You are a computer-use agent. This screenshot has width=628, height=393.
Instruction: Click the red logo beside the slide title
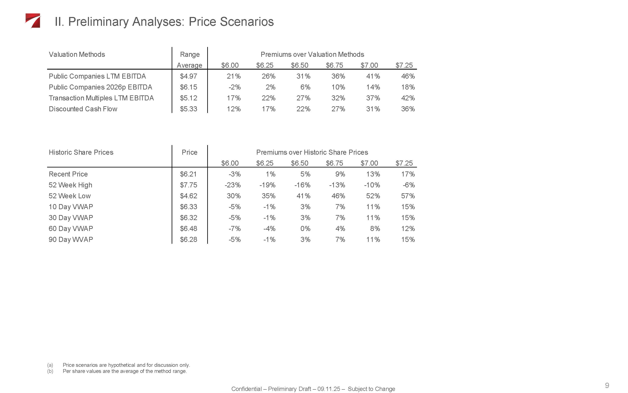[x=33, y=21]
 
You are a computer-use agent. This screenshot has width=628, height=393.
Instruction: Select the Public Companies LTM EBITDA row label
[x=97, y=76]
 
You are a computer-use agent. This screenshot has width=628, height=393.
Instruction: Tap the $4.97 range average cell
[x=188, y=76]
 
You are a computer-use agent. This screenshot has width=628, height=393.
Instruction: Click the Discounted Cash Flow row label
[x=83, y=109]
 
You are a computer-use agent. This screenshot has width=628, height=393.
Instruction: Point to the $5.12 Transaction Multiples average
[x=188, y=98]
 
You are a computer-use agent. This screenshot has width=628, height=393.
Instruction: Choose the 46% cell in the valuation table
[x=408, y=76]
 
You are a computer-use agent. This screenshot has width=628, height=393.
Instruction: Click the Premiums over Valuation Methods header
[x=312, y=54]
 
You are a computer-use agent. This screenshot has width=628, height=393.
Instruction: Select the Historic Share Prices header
[x=81, y=152]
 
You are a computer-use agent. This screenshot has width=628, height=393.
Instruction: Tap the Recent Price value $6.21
[x=188, y=174]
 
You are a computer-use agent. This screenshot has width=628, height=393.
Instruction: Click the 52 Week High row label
[x=70, y=185]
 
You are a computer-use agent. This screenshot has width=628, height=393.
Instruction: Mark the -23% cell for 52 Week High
[x=233, y=185]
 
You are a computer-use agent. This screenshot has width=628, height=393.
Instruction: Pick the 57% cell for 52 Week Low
[x=408, y=196]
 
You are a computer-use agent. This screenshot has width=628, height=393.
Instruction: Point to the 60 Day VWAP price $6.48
[x=188, y=229]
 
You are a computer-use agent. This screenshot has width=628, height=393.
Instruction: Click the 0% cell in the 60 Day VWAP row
[x=305, y=229]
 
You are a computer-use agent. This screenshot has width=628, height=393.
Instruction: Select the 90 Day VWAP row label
[x=71, y=240]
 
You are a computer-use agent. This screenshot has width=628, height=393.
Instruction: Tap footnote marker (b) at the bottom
[x=50, y=371]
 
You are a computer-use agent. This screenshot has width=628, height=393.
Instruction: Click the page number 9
[x=607, y=385]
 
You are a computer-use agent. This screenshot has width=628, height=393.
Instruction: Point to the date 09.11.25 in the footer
[x=328, y=389]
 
